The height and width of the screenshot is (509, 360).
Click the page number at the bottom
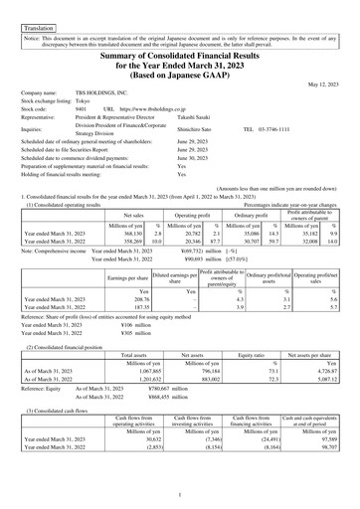180,494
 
